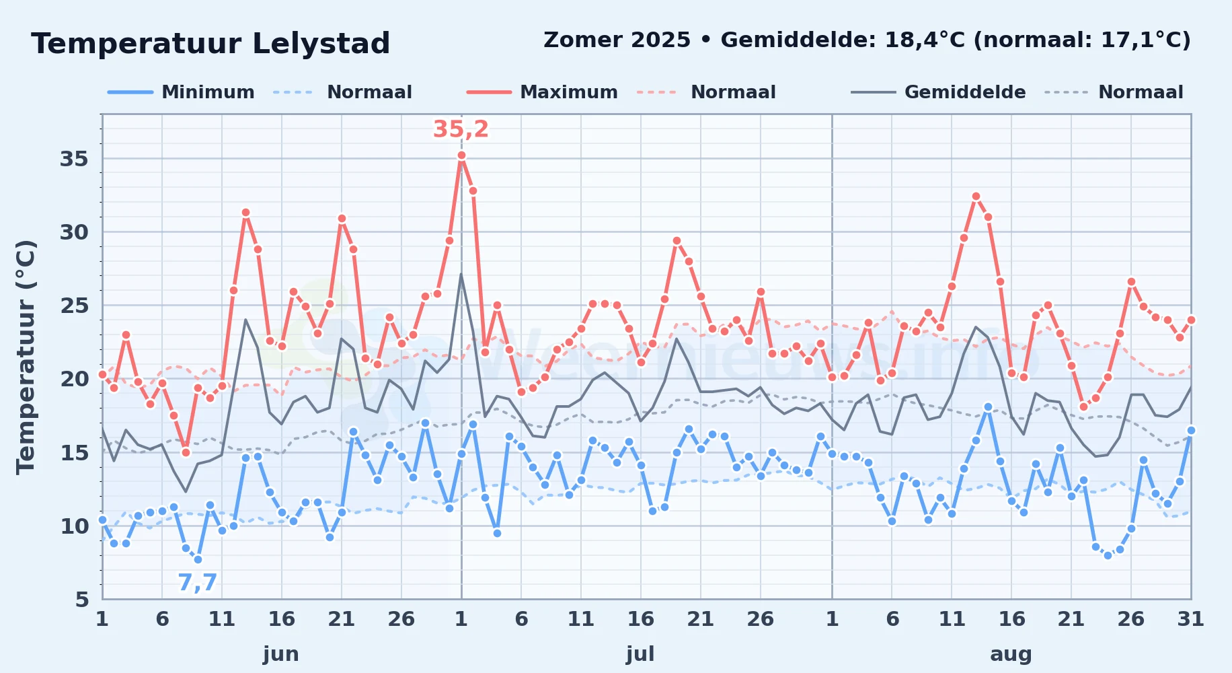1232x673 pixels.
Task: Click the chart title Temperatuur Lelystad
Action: [210, 44]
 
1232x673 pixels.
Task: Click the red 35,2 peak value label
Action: [461, 129]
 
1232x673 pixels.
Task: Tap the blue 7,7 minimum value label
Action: [198, 582]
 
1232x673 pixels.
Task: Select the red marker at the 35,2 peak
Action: [461, 155]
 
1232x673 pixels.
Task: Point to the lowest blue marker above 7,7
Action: [198, 559]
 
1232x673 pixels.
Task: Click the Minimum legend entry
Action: [181, 92]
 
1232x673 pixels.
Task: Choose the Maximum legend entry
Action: [542, 92]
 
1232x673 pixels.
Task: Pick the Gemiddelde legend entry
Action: [938, 92]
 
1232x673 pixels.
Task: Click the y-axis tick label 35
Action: [74, 159]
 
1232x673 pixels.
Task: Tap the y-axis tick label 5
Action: [82, 599]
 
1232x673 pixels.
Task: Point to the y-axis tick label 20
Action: [74, 379]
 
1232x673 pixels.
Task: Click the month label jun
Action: [281, 654]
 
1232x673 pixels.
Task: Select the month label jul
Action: [640, 654]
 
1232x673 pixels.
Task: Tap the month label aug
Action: [1011, 654]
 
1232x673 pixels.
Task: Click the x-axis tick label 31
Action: [1190, 619]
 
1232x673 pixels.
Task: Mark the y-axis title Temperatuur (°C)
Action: [26, 357]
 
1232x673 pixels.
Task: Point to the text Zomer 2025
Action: [617, 40]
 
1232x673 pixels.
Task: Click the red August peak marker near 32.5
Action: [976, 197]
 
